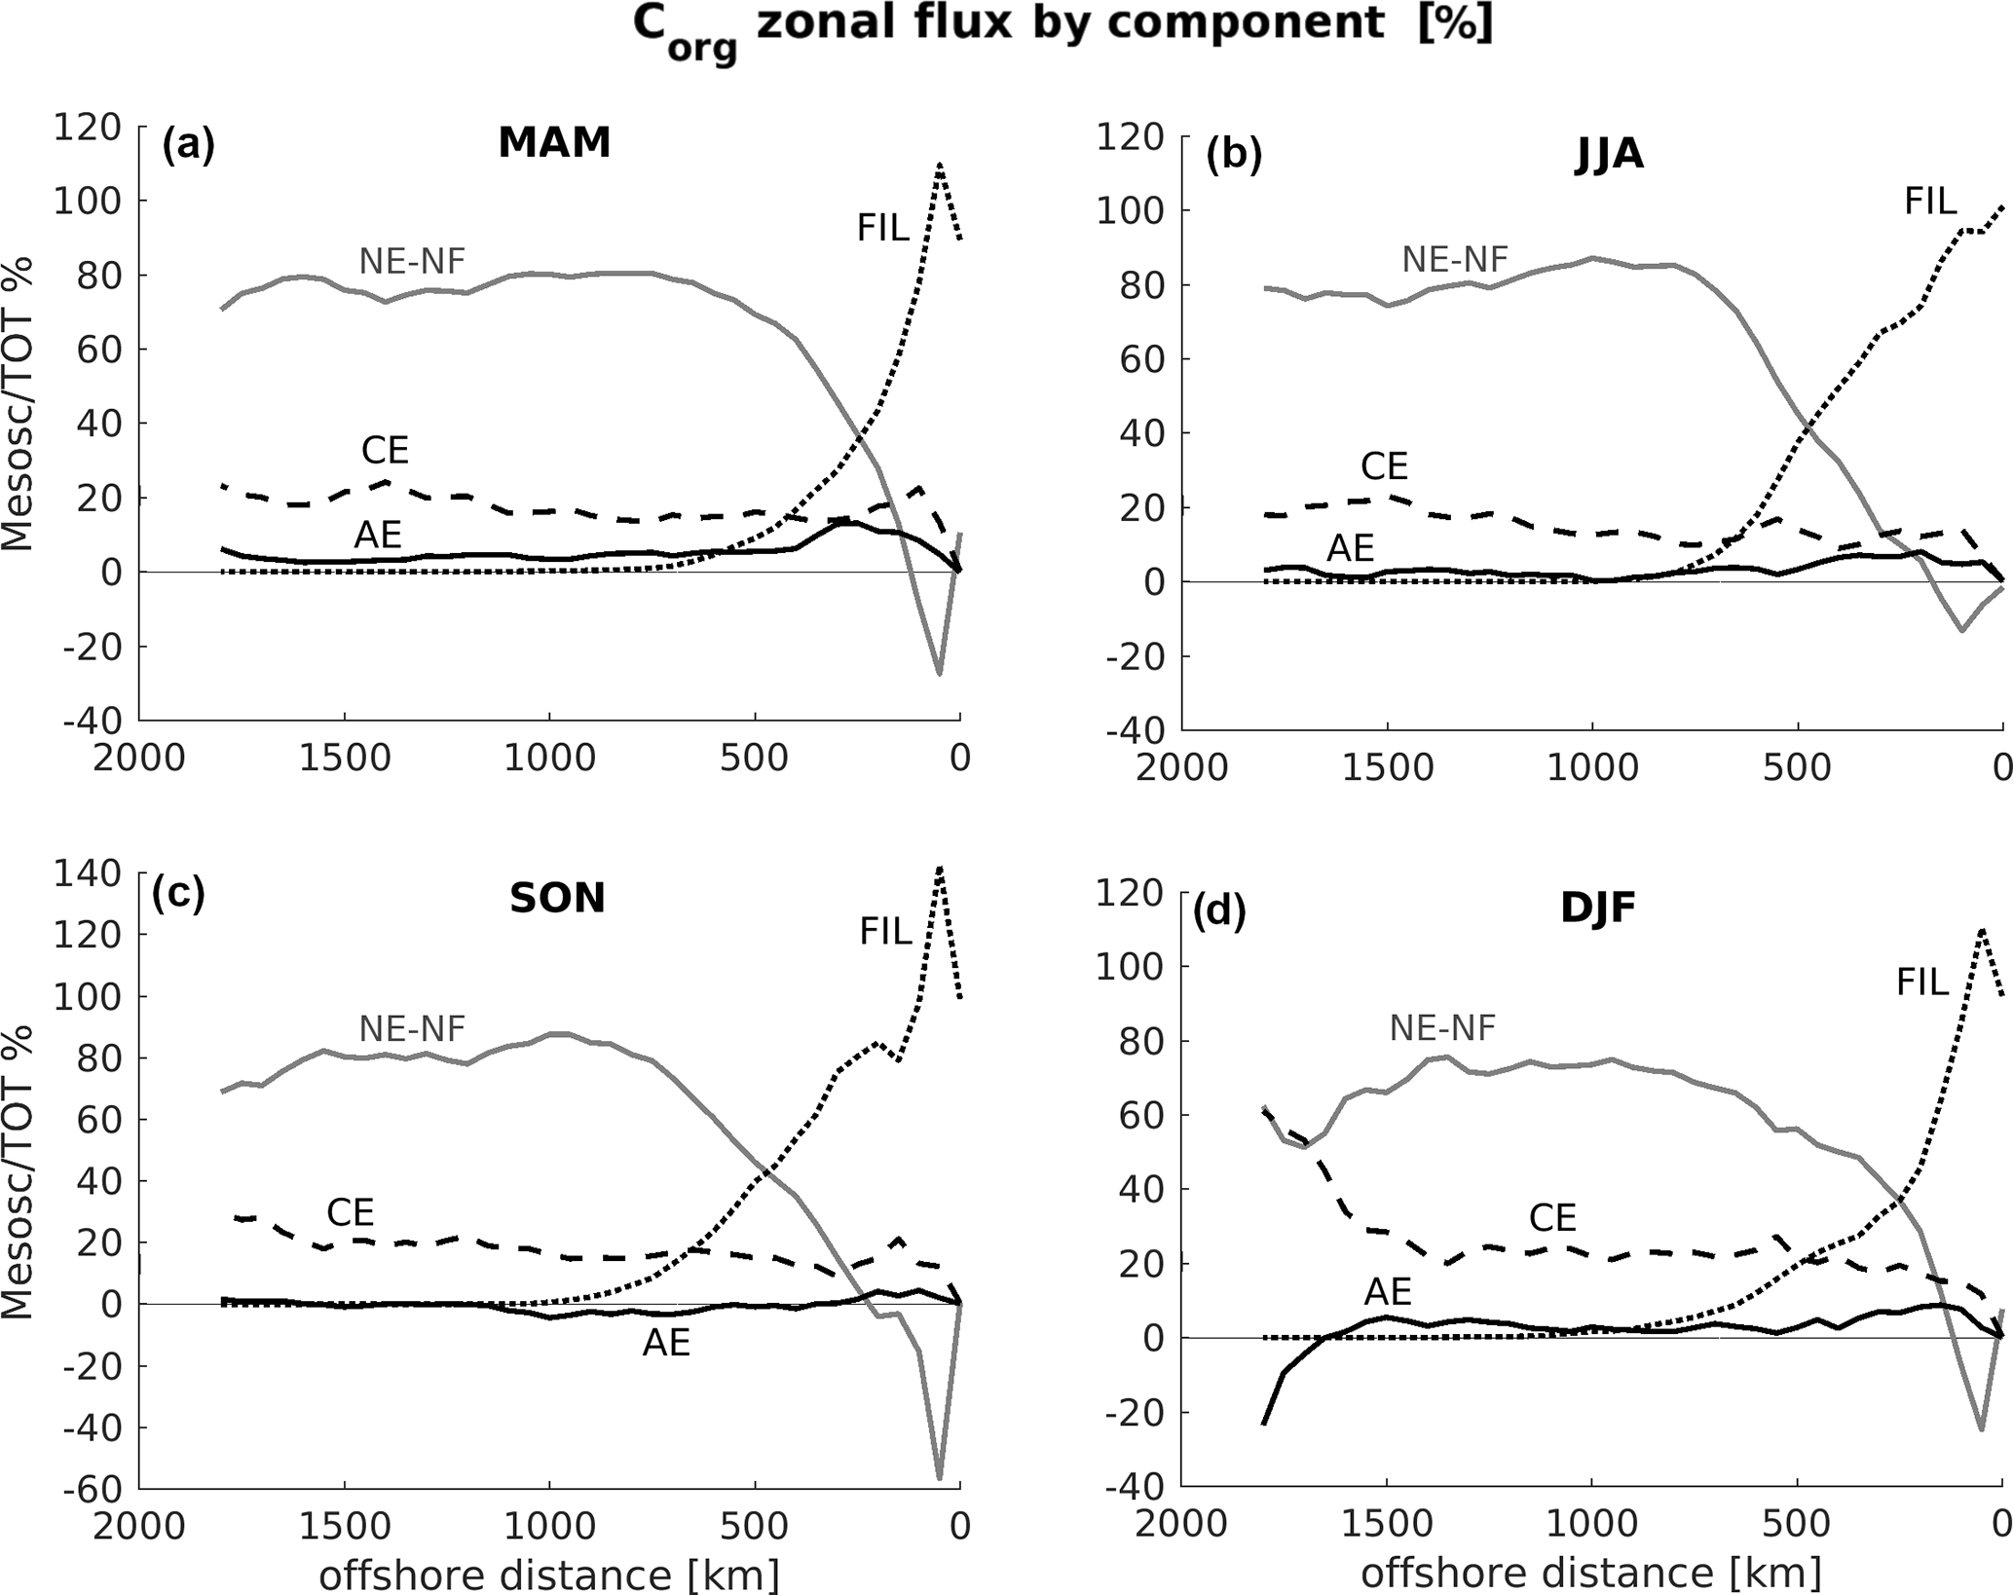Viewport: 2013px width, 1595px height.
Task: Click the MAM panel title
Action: coord(554,143)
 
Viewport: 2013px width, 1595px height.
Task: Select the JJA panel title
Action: coord(1609,155)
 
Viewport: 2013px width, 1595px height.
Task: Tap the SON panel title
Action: coord(557,898)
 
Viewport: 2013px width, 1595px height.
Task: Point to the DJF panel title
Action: coord(1597,908)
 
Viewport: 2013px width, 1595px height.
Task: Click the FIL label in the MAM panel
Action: coord(882,228)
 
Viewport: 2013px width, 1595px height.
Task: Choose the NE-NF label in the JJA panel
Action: coord(1455,259)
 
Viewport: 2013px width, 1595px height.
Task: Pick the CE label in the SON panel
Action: coord(351,1212)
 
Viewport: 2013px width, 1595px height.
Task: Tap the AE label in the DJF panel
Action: coord(1387,1292)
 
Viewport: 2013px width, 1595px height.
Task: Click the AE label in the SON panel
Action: coord(666,1344)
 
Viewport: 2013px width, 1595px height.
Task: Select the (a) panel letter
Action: coord(188,144)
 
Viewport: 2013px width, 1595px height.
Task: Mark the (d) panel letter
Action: coord(1219,912)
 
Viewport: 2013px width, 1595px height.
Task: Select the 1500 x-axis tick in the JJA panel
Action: coord(1387,768)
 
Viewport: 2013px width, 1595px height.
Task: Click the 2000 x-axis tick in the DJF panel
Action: coord(1180,1524)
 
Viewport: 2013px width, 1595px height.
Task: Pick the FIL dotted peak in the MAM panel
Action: coord(940,165)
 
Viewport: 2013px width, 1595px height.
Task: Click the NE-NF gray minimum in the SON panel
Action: coord(939,1477)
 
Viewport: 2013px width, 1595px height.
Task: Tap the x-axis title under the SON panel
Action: coord(549,1573)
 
